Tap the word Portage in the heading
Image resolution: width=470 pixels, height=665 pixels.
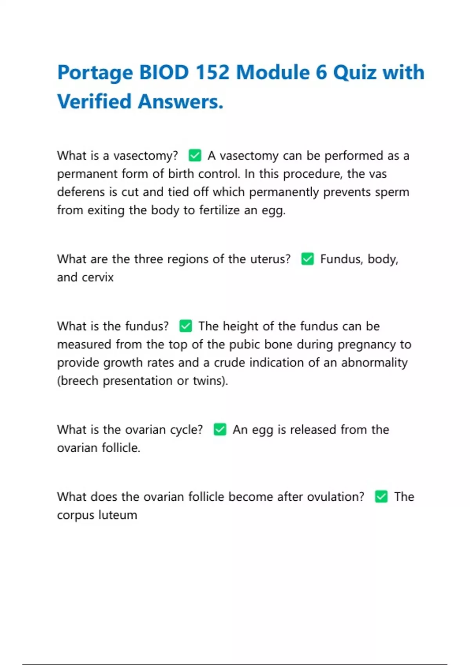click(95, 73)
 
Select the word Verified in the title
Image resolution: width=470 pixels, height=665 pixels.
click(94, 102)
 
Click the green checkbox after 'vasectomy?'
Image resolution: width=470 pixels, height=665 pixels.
click(195, 155)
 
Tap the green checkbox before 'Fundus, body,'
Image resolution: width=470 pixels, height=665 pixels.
click(307, 259)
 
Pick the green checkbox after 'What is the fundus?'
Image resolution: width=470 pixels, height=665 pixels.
click(185, 326)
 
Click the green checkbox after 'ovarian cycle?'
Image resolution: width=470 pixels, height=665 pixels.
click(220, 429)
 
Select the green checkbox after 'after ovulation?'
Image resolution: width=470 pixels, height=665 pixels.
click(381, 496)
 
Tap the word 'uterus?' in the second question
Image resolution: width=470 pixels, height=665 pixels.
click(270, 259)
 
